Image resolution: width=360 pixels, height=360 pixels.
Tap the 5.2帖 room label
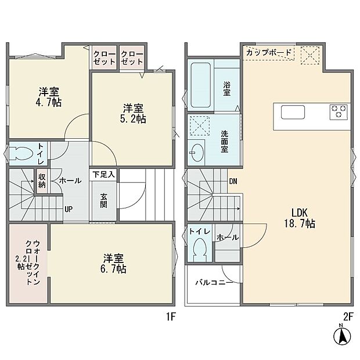pos(134,113)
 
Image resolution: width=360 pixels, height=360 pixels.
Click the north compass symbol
pos(343,335)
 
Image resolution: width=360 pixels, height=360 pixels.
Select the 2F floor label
pos(348,316)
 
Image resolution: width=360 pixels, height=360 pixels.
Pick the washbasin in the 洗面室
pos(196,152)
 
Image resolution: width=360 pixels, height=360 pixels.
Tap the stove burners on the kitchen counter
pos(339,111)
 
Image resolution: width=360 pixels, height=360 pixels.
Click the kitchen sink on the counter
pos(290,111)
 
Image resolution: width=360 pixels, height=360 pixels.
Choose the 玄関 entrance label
pos(103,200)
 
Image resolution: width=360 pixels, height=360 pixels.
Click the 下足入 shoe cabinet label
pos(104,174)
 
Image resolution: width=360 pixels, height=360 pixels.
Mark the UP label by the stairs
pos(69,210)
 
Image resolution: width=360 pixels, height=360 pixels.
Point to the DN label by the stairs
pos(233,182)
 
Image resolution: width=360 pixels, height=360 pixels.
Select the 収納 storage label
pos(42,181)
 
